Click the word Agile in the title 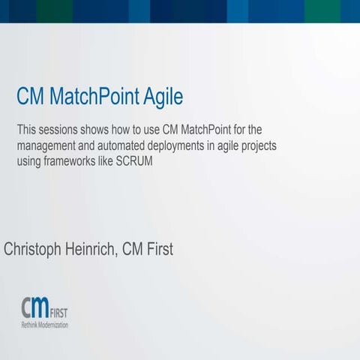(x=159, y=97)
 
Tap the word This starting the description (x=26, y=129)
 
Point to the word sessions (x=61, y=129)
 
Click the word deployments (x=190, y=145)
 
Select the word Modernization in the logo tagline (x=55, y=325)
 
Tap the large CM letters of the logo (x=34, y=307)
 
